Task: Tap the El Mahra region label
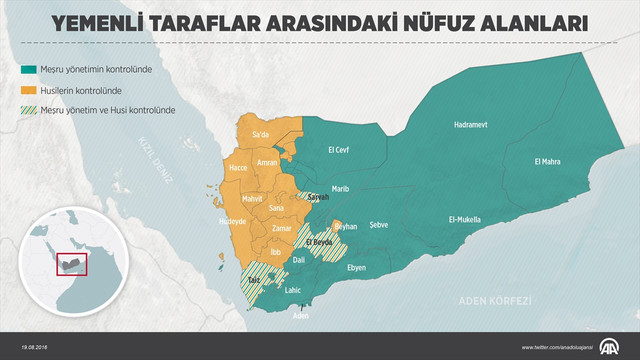point(549,161)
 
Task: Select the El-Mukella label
point(464,219)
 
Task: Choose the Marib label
point(340,188)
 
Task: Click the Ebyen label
point(357,268)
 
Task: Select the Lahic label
point(293,290)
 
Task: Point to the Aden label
point(300,316)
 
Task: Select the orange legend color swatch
point(30,89)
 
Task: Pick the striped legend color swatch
point(30,108)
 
